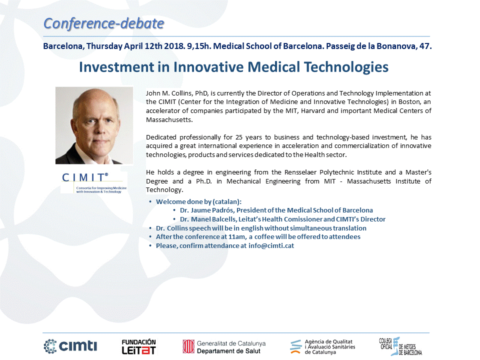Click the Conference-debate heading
tap(104, 23)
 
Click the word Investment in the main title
tap(116, 67)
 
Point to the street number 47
tap(425, 46)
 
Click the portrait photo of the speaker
tap(94, 125)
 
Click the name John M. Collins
tap(169, 93)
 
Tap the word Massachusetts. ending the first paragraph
tap(169, 119)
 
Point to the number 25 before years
tap(239, 137)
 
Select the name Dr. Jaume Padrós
tap(206, 210)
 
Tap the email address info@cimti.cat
tap(271, 246)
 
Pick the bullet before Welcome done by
tap(150, 201)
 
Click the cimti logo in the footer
tap(70, 346)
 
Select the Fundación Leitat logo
tap(138, 347)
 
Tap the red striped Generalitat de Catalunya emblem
tap(188, 347)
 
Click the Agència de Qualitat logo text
tap(329, 347)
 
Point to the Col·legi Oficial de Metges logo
tap(400, 346)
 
